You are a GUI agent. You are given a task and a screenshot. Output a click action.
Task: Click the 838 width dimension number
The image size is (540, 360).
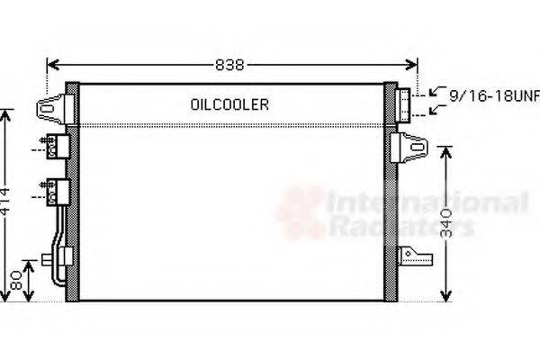(x=230, y=65)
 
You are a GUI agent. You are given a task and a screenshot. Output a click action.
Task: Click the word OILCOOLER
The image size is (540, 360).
(x=229, y=104)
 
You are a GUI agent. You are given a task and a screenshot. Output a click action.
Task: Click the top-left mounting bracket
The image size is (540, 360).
(x=51, y=109)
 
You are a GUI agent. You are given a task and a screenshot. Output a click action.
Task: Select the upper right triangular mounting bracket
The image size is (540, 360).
(x=414, y=144)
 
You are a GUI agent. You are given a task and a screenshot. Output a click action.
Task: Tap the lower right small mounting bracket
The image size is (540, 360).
(x=417, y=257)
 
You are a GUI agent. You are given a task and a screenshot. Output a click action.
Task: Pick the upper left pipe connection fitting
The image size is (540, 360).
(x=58, y=147)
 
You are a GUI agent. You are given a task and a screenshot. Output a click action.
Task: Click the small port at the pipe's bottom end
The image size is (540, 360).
(x=46, y=261)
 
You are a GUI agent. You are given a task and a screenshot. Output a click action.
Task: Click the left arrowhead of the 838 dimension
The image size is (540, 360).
(x=50, y=65)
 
